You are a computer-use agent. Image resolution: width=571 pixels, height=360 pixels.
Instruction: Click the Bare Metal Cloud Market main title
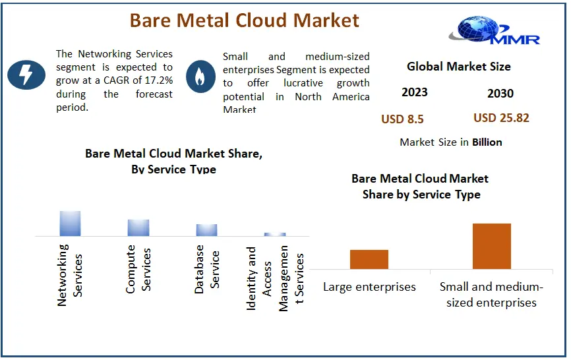[245, 20]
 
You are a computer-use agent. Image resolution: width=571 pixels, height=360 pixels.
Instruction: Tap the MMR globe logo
[494, 30]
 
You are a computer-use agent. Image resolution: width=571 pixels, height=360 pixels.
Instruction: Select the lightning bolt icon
[26, 75]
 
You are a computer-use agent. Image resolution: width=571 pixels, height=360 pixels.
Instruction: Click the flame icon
[200, 76]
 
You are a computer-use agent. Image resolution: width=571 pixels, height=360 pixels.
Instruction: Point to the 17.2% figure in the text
[159, 80]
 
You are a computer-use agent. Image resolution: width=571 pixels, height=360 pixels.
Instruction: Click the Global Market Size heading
[459, 66]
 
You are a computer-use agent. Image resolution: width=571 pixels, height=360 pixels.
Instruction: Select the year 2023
[415, 92]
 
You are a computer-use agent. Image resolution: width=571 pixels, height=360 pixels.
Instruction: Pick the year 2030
[500, 94]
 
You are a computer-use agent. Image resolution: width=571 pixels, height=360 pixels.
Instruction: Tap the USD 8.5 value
[402, 119]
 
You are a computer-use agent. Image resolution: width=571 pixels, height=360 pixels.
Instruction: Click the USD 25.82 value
[502, 118]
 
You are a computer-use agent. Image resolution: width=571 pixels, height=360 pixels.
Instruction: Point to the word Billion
[487, 142]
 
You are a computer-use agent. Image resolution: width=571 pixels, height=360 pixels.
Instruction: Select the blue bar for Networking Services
[71, 224]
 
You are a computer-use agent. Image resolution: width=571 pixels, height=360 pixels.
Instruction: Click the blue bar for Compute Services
[138, 228]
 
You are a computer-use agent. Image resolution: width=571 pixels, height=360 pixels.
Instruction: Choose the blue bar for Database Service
[207, 230]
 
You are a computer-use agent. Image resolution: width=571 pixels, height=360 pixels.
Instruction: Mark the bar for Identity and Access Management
[275, 235]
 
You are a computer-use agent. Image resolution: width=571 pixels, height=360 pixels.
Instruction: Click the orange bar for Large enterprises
[369, 260]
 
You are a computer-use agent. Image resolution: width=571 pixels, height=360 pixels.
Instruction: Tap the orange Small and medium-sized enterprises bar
[492, 247]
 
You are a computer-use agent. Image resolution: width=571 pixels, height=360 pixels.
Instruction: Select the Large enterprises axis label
[369, 287]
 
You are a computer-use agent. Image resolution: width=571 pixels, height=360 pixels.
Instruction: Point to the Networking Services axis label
[70, 275]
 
